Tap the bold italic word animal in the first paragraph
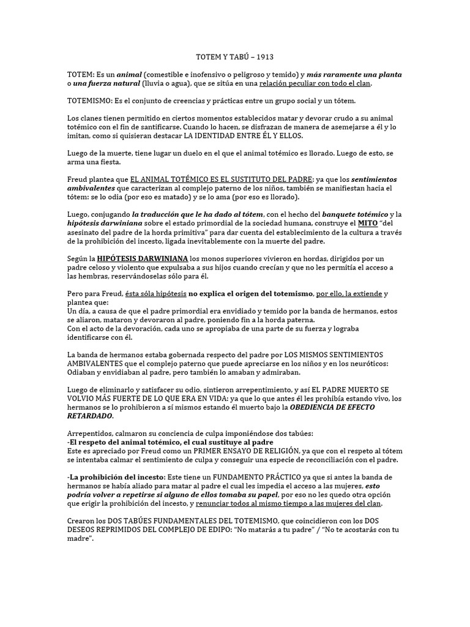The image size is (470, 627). tap(129, 75)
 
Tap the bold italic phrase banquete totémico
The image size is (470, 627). tap(355, 214)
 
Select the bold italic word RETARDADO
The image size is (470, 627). tap(90, 416)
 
